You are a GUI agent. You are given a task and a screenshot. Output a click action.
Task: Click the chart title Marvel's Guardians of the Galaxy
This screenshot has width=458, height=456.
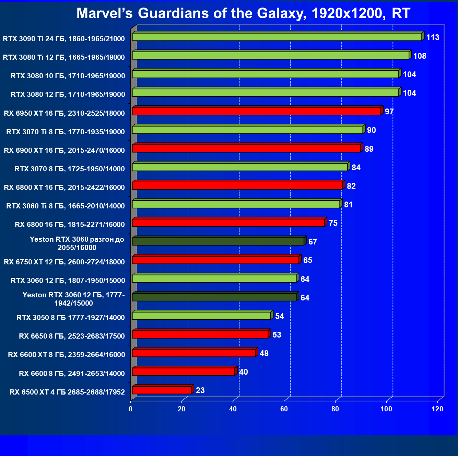(243, 13)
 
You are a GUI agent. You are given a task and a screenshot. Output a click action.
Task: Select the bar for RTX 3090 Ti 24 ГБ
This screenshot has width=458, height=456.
(277, 37)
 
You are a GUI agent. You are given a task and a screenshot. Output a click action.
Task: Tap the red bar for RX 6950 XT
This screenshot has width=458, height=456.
(256, 111)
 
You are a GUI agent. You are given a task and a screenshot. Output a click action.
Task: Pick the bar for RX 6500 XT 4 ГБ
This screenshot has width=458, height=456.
(162, 390)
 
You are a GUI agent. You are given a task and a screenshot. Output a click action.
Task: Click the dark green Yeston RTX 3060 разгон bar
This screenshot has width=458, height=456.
(218, 241)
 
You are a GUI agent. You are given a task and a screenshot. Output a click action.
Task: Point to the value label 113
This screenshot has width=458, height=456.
(433, 37)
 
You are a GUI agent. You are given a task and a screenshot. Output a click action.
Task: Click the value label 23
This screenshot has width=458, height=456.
(200, 390)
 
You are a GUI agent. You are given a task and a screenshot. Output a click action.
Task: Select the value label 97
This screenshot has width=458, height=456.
(389, 112)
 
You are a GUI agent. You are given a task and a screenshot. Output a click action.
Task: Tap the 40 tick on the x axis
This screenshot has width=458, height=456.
(233, 409)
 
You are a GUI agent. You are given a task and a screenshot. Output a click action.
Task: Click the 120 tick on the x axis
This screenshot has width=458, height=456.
(437, 409)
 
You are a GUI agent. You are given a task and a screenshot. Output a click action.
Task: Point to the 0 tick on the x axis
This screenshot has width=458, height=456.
(130, 409)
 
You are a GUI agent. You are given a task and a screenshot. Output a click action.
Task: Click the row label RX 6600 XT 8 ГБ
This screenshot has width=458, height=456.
(67, 354)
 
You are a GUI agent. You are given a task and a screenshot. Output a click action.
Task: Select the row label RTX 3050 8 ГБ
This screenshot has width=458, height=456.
(71, 317)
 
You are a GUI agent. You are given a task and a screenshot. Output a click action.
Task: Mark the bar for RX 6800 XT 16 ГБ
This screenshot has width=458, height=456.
(237, 185)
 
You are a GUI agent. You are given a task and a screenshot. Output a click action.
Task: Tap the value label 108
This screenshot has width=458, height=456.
(420, 56)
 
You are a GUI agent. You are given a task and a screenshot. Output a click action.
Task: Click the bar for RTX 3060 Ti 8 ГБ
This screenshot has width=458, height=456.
(236, 204)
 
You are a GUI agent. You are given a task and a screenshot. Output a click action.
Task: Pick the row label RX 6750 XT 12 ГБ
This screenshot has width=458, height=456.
(64, 262)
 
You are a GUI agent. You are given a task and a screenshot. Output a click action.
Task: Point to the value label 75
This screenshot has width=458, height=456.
(333, 223)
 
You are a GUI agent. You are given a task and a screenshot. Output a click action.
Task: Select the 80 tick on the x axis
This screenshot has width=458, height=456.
(335, 409)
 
